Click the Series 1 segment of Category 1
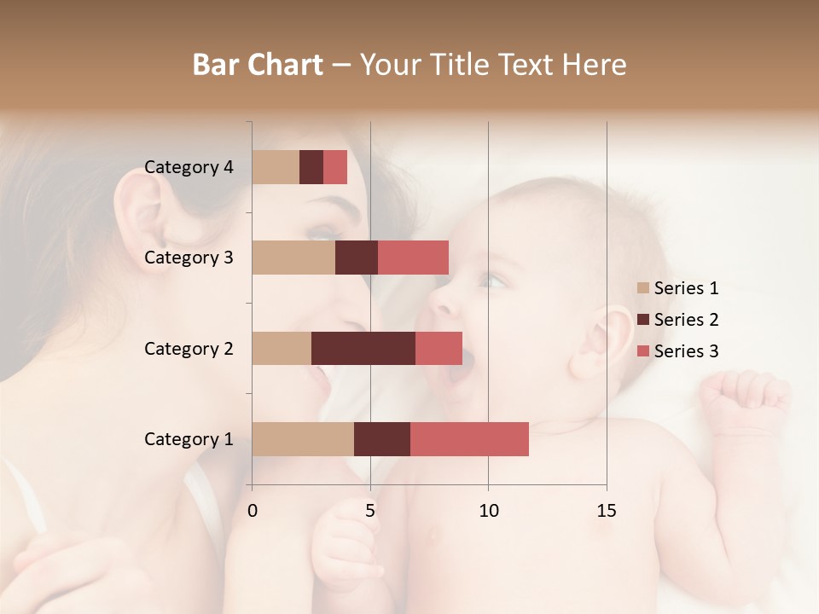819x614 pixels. pos(303,439)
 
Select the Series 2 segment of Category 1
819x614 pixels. pos(382,439)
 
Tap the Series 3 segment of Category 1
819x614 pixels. pos(469,439)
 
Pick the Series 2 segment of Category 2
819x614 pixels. pos(363,348)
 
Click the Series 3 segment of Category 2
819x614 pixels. pos(439,348)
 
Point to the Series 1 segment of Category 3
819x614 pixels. pos(293,258)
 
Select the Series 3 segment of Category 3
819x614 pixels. pos(413,258)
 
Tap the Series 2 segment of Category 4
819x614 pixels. pos(311,167)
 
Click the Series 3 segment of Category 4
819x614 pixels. pos(335,167)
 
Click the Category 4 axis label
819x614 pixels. pos(189,167)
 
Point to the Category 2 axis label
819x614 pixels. pos(189,348)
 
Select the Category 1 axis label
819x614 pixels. pos(189,439)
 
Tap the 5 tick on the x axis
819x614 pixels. pos(370,511)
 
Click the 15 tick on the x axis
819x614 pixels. pos(606,511)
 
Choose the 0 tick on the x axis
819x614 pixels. pos(253,511)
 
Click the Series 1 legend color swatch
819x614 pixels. pos(643,288)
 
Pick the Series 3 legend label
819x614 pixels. pos(686,351)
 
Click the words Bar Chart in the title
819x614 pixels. pos(258,65)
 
